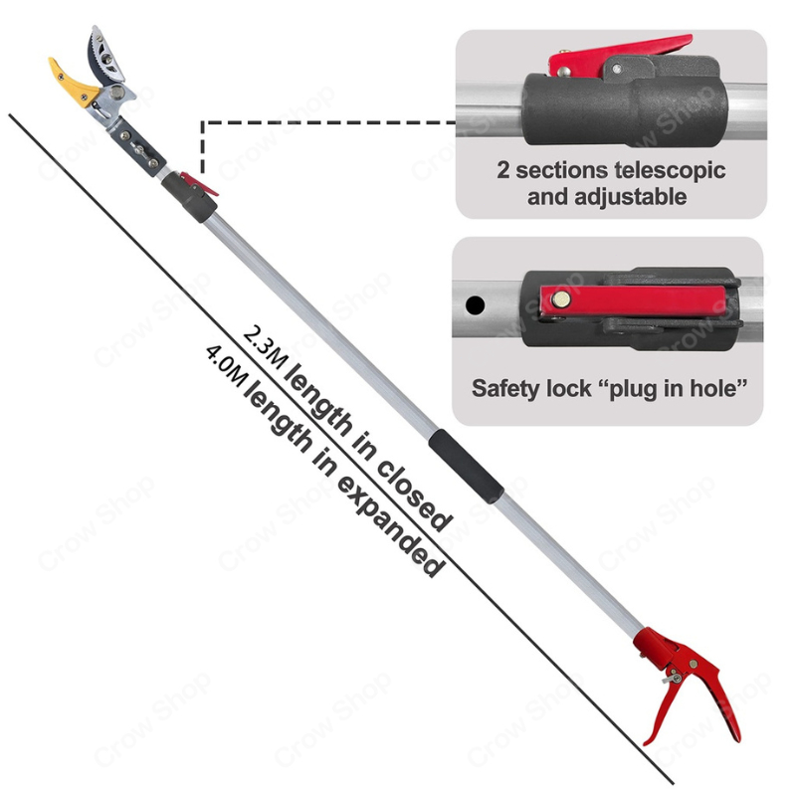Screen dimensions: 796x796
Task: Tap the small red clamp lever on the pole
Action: (x=205, y=186)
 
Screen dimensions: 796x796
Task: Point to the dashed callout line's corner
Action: (x=204, y=123)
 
